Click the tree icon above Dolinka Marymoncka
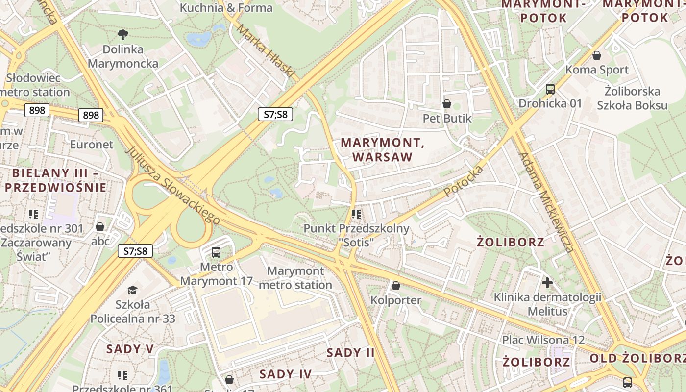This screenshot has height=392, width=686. coord(123,34)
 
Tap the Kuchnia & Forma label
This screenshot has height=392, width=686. coord(226,8)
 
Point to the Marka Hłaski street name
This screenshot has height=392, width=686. coord(265,51)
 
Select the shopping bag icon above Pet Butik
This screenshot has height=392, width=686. coord(447,104)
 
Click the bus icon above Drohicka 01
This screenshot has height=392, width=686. coord(550,89)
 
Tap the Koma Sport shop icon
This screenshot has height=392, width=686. coord(597,55)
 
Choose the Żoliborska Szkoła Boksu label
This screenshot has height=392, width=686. coord(632,98)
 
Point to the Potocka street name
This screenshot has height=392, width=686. coord(464,181)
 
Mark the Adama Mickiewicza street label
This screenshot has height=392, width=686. coord(546,202)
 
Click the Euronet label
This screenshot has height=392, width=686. coord(92,145)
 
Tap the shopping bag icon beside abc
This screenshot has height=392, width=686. coord(100,227)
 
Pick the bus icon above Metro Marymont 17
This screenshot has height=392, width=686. coord(216,252)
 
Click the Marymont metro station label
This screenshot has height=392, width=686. coord(295,278)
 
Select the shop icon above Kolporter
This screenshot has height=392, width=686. coord(396,285)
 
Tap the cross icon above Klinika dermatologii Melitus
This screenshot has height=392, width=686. coord(547,282)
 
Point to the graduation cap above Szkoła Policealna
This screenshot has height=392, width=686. coord(132,291)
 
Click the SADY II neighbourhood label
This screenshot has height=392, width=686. coord(350,352)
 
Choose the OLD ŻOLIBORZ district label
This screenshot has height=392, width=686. coord(637,358)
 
